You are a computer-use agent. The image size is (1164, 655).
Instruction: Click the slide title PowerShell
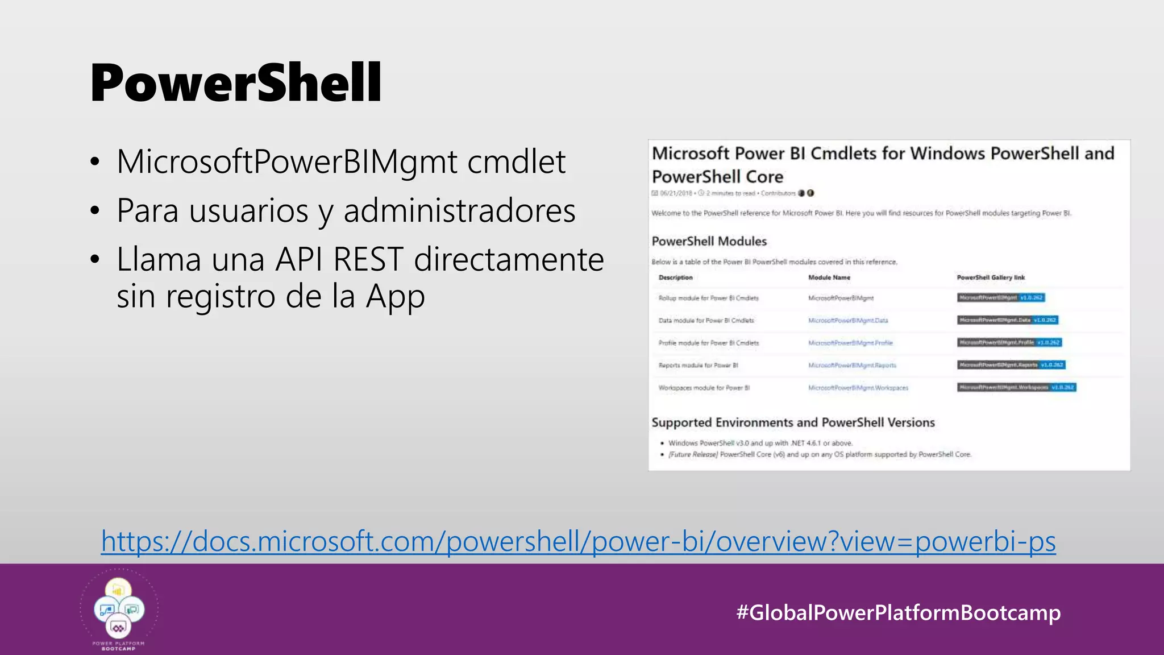tap(235, 83)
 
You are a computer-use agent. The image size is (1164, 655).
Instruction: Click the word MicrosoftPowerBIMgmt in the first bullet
tap(287, 161)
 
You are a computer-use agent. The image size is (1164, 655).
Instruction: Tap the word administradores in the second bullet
tap(459, 210)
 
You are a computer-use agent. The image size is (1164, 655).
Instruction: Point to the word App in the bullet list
tap(395, 296)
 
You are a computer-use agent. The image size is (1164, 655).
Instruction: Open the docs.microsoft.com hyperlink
tap(578, 541)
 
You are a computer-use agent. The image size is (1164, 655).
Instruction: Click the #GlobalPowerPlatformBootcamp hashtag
tap(898, 612)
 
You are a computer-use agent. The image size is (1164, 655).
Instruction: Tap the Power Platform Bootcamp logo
tap(119, 610)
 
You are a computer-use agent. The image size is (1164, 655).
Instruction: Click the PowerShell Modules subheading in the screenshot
tap(709, 241)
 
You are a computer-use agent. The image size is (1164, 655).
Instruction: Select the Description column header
tap(675, 277)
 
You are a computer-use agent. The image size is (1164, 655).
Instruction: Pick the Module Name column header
tap(829, 277)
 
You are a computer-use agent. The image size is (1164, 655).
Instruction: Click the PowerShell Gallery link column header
tap(991, 277)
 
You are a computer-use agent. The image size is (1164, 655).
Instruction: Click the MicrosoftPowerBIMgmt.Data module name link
tap(848, 321)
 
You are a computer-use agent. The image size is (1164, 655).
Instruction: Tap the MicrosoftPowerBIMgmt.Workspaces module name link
tap(858, 388)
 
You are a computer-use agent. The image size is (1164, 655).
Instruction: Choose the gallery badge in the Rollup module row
tap(1000, 297)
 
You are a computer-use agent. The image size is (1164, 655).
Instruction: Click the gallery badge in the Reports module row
tap(1011, 365)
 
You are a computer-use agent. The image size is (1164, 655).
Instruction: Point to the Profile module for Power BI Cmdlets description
tap(708, 343)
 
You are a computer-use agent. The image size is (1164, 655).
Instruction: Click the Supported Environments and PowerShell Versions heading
tap(793, 422)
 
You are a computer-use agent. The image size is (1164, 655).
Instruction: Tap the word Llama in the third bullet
tap(159, 259)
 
